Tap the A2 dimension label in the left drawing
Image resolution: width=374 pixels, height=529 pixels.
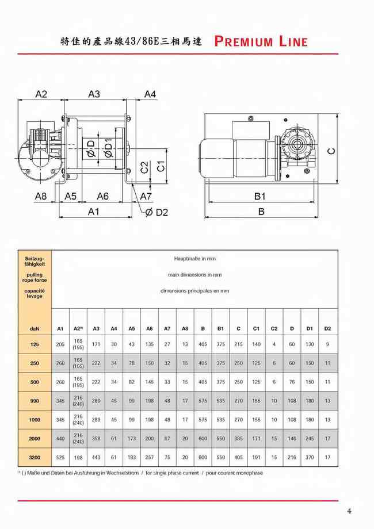[x=41, y=94]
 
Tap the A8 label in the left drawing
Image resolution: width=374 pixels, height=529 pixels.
[x=40, y=196]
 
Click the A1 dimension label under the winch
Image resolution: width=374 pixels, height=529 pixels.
[x=94, y=211]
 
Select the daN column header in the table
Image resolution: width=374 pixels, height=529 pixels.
[x=35, y=328]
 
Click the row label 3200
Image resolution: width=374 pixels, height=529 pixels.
[x=35, y=458]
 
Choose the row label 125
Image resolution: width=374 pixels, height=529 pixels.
[x=35, y=345]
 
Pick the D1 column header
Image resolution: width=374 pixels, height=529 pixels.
[x=310, y=328]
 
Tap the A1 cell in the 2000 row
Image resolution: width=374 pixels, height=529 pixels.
[x=60, y=439]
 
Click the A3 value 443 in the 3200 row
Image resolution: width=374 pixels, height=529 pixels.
[x=96, y=458]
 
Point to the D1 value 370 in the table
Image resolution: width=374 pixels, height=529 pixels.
[x=310, y=458]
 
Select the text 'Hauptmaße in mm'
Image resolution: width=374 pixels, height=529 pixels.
[x=194, y=259]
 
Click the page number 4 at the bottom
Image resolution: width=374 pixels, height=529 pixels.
[x=349, y=511]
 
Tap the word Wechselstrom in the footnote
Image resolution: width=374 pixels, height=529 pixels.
[x=121, y=473]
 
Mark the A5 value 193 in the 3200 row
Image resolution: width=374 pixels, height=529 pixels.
[x=132, y=458]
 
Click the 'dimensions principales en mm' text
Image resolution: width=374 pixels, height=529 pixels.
[x=194, y=291]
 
